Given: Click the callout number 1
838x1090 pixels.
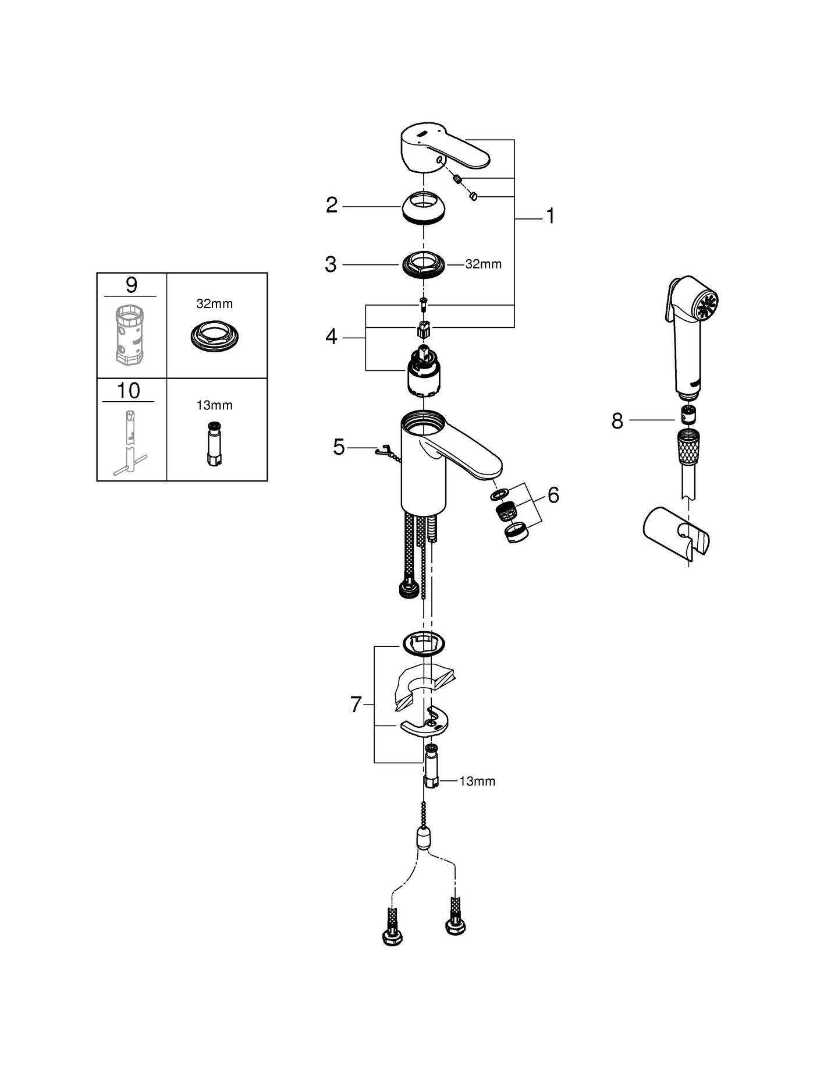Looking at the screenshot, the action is click(550, 217).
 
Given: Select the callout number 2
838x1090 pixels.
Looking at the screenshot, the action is click(332, 205).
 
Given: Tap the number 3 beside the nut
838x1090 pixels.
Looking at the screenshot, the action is click(331, 264).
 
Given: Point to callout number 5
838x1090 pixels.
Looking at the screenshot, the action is click(339, 447).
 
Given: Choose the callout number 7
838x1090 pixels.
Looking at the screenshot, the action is click(356, 705).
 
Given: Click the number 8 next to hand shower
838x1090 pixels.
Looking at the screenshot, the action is click(617, 420).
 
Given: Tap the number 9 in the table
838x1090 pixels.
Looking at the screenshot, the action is click(132, 285).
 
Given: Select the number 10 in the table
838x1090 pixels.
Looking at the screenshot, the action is click(129, 391).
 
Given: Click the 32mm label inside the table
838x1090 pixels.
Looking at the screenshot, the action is click(214, 303).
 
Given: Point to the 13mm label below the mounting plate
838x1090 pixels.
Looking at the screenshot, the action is click(477, 781).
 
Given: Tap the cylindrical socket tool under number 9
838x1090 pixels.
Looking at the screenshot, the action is click(130, 335).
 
